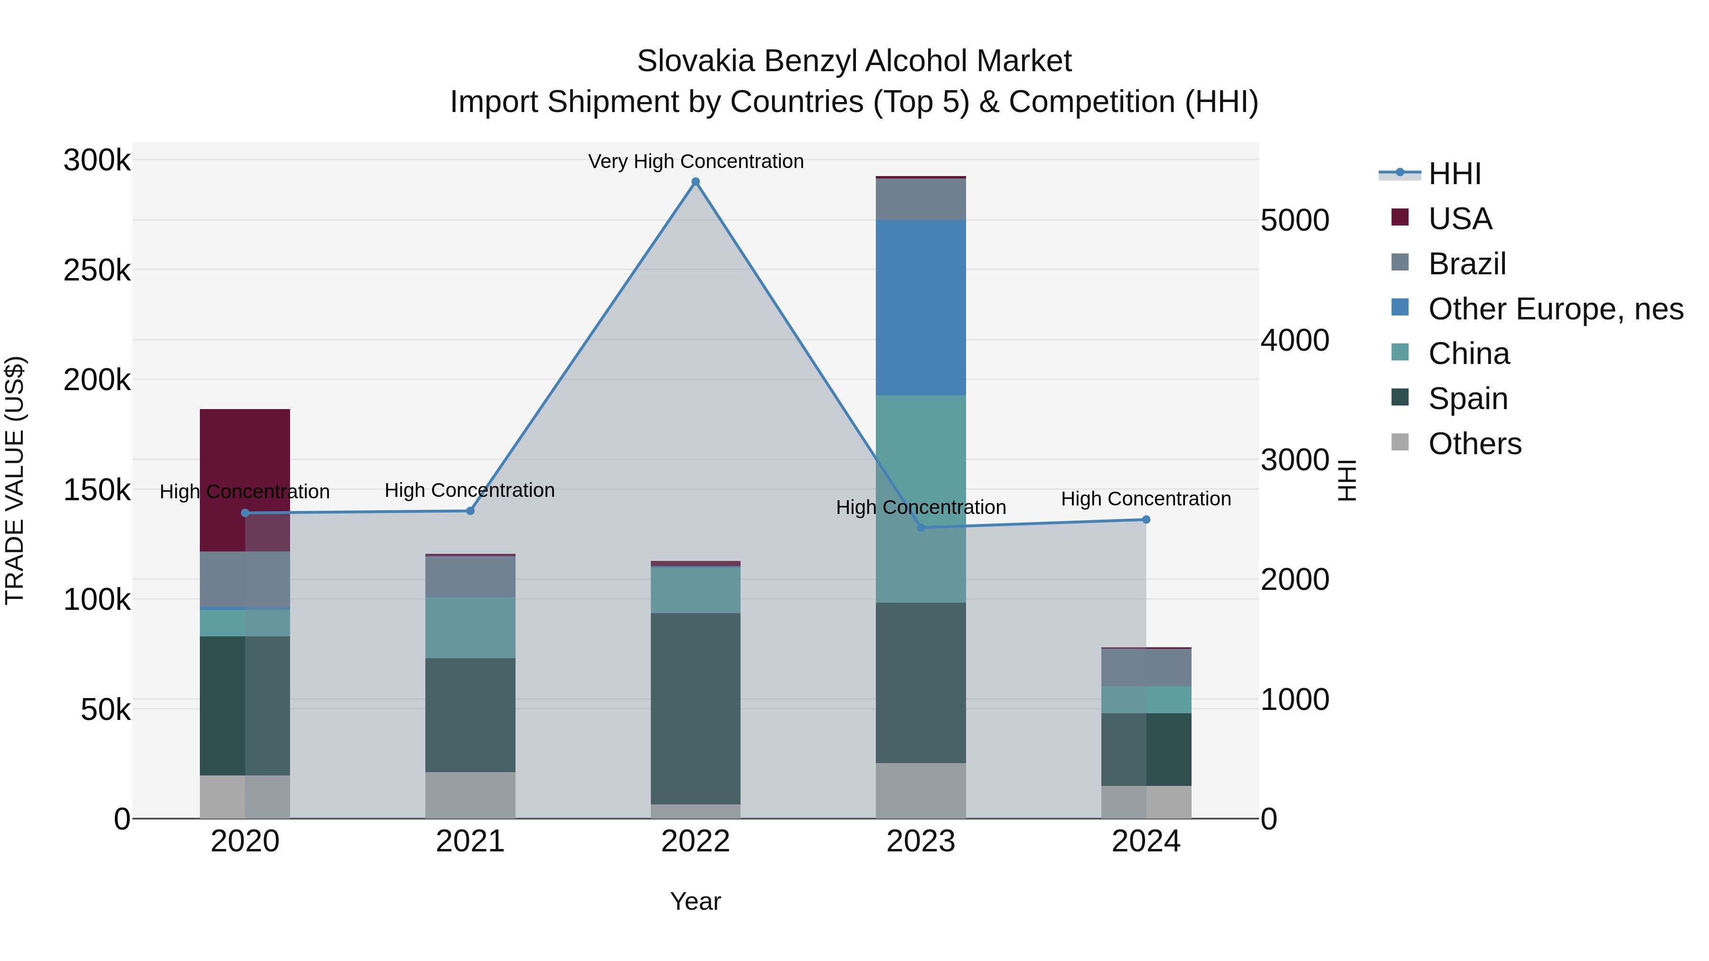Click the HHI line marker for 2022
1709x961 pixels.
point(695,182)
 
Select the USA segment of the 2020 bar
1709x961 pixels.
point(245,464)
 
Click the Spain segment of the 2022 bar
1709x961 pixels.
point(695,709)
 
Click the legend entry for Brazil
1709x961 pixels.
point(1467,264)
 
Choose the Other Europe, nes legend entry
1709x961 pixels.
point(1555,309)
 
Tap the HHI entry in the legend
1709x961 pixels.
point(1454,174)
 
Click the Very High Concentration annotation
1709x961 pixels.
point(695,161)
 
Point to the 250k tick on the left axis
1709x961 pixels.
point(97,271)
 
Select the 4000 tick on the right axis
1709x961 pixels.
point(1295,340)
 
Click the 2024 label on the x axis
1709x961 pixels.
point(1146,841)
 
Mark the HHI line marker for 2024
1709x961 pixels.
point(1146,520)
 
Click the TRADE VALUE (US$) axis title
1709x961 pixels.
point(15,480)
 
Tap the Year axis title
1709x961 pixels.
point(695,901)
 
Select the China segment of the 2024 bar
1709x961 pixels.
point(1146,700)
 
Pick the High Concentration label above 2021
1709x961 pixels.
point(470,490)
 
